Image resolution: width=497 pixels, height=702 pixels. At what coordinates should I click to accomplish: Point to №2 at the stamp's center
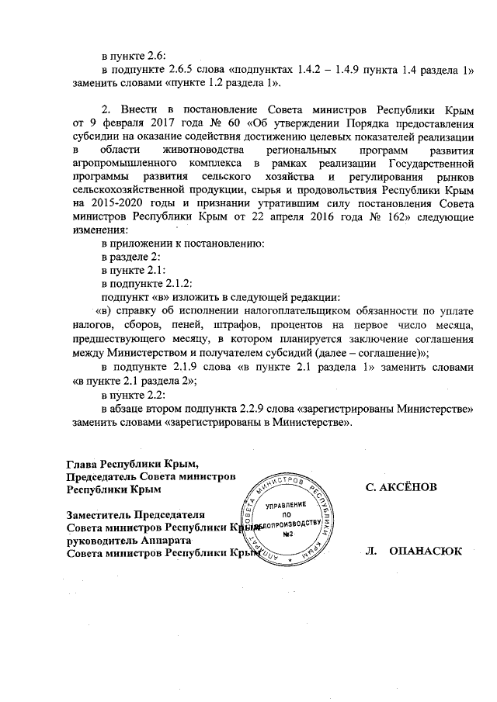coord(288,535)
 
